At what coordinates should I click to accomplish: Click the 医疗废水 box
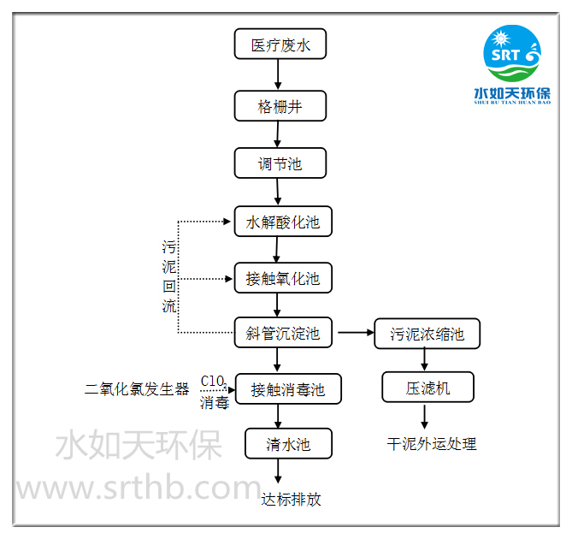click(x=280, y=44)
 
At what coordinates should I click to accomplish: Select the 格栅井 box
click(x=280, y=107)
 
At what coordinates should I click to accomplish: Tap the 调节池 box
click(x=280, y=163)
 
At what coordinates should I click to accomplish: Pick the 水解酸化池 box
click(x=282, y=222)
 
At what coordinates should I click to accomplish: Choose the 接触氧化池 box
click(x=282, y=278)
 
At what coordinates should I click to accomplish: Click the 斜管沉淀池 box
click(x=282, y=332)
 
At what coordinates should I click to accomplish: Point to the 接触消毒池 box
click(x=288, y=389)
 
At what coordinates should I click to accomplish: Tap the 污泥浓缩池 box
click(x=427, y=333)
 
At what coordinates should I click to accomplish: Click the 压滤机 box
click(x=427, y=388)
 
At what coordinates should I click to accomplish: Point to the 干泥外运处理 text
click(x=431, y=443)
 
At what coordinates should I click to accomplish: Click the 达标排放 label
click(x=291, y=499)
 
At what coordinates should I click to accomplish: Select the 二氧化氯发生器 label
click(x=137, y=389)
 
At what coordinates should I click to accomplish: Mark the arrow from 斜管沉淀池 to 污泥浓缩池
click(x=356, y=332)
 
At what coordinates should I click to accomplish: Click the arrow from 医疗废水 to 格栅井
click(x=279, y=75)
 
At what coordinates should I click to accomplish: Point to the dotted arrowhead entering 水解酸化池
click(x=226, y=222)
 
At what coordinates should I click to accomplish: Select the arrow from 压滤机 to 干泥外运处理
click(x=426, y=417)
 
